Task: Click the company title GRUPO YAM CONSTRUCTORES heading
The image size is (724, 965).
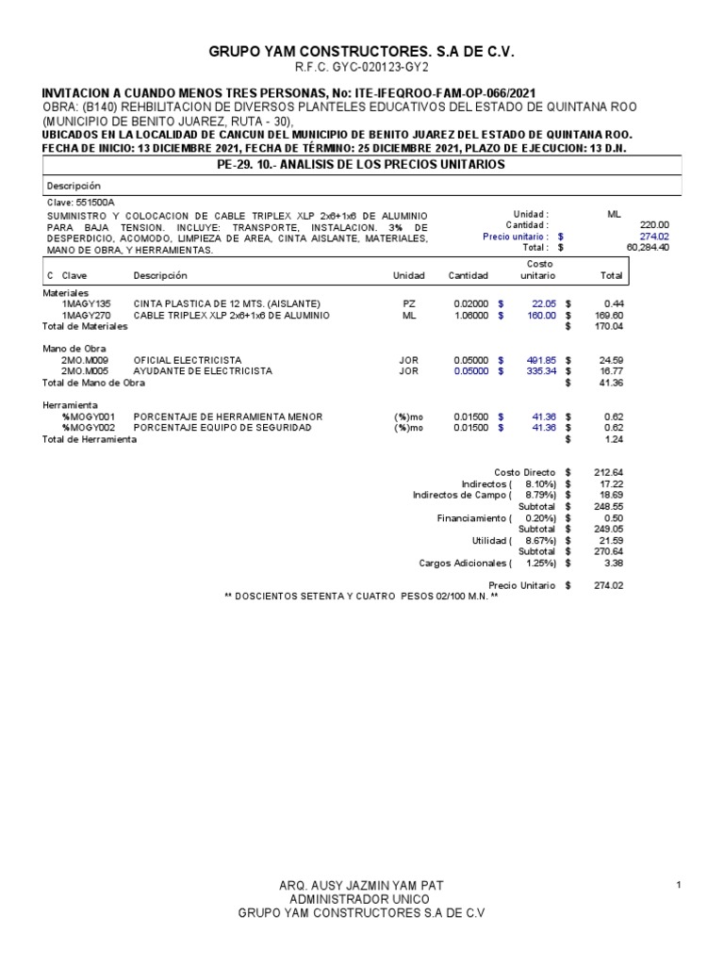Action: (x=361, y=52)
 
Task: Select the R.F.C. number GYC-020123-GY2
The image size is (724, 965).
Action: (x=362, y=69)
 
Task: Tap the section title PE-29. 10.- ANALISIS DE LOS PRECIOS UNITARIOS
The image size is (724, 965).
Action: (x=362, y=165)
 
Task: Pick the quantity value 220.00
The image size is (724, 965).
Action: (x=654, y=225)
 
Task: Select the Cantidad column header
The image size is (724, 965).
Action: (x=468, y=275)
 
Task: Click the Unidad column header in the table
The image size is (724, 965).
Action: (x=408, y=275)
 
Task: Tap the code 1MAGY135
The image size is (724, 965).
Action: (x=86, y=303)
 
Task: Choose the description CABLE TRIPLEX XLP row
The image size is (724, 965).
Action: (x=231, y=315)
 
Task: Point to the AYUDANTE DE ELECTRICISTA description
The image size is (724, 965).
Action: (x=203, y=371)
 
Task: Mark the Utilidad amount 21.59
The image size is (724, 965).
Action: (x=605, y=540)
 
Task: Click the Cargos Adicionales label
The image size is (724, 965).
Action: (x=465, y=564)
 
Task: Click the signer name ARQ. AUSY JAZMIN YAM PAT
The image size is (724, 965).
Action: (x=362, y=886)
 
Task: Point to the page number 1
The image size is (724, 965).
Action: (x=679, y=885)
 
